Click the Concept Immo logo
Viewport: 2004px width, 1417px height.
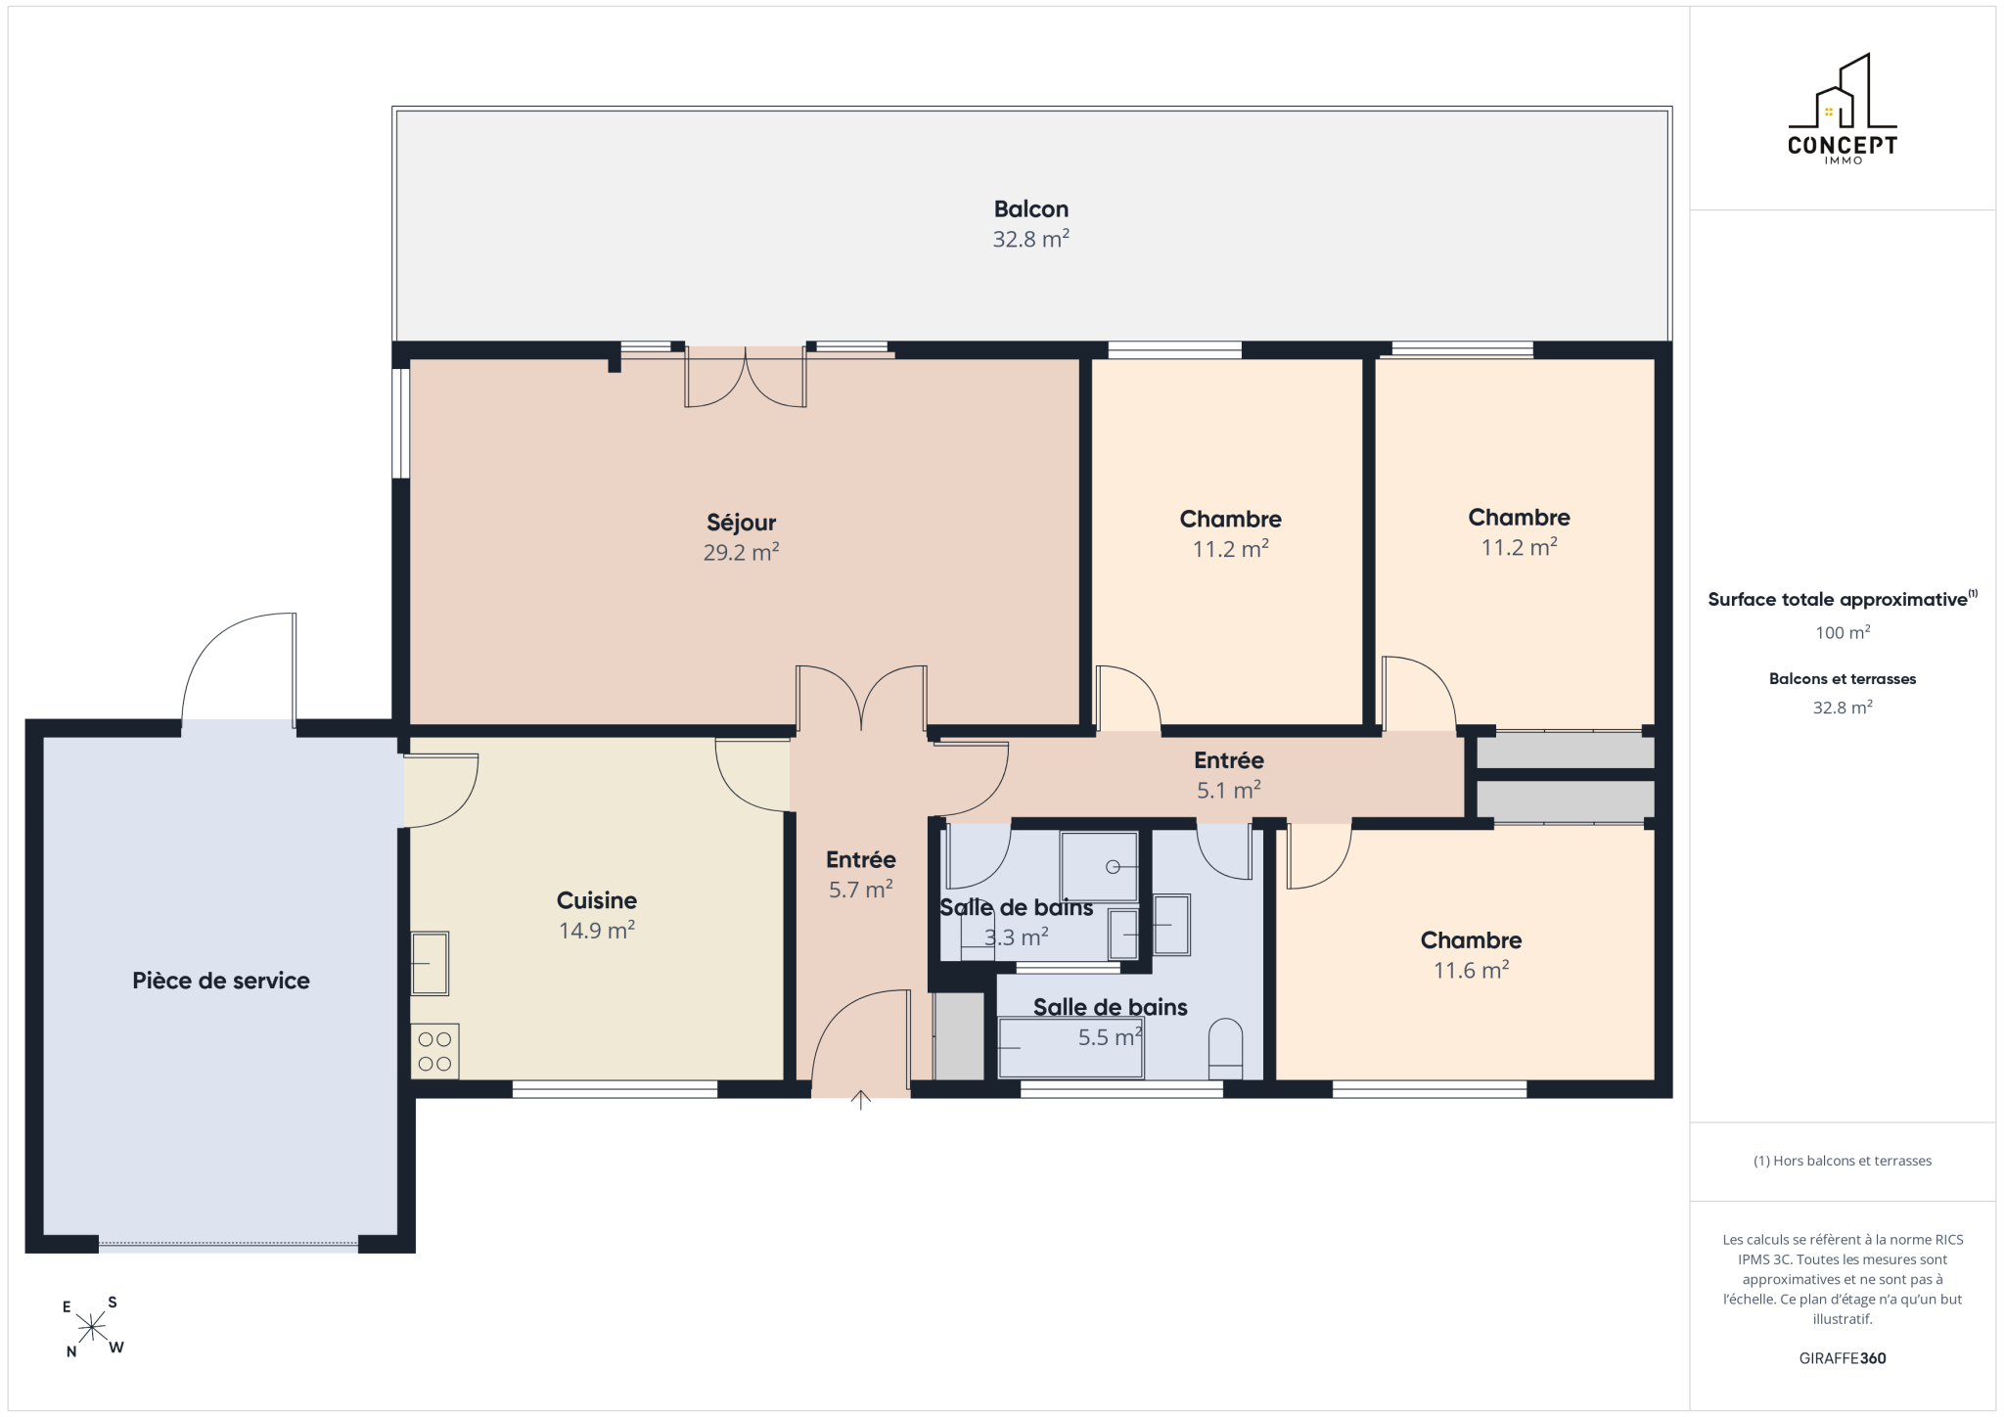(x=1843, y=109)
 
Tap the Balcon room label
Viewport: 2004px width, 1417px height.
(x=1031, y=209)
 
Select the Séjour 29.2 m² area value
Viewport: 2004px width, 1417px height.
(x=741, y=552)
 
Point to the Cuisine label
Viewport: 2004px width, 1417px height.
(x=597, y=900)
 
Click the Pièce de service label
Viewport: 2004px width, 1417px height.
(x=221, y=981)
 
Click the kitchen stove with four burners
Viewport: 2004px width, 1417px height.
(x=434, y=1050)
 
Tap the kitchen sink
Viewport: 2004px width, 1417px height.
(x=430, y=963)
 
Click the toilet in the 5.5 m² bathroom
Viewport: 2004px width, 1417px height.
(x=1225, y=1048)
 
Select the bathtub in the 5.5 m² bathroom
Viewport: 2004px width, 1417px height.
(x=1070, y=1048)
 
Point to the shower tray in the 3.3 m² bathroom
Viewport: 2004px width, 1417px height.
(x=1099, y=866)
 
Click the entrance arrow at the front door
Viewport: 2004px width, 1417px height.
(x=861, y=1100)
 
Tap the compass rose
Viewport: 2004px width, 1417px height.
(x=92, y=1327)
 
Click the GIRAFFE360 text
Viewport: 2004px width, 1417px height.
(x=1843, y=1358)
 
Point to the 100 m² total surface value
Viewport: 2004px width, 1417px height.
(x=1843, y=632)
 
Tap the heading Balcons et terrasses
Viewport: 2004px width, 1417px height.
(x=1843, y=679)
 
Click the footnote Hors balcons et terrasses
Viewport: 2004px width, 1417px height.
(x=1843, y=1161)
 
